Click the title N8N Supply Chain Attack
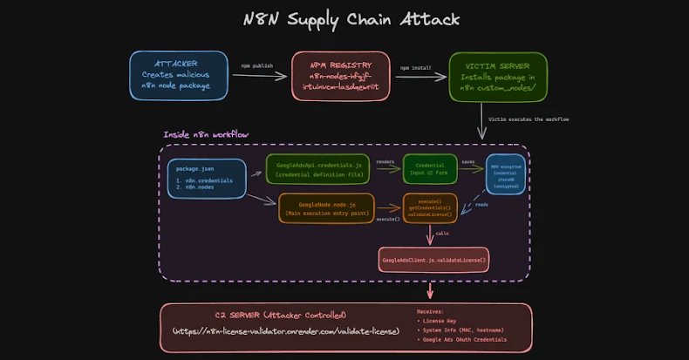point(344,19)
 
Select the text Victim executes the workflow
point(529,119)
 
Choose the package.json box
point(207,178)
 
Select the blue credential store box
point(506,174)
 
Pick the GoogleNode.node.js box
point(324,207)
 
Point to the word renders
point(385,161)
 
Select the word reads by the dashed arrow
point(481,205)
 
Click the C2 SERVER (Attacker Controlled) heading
point(281,315)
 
